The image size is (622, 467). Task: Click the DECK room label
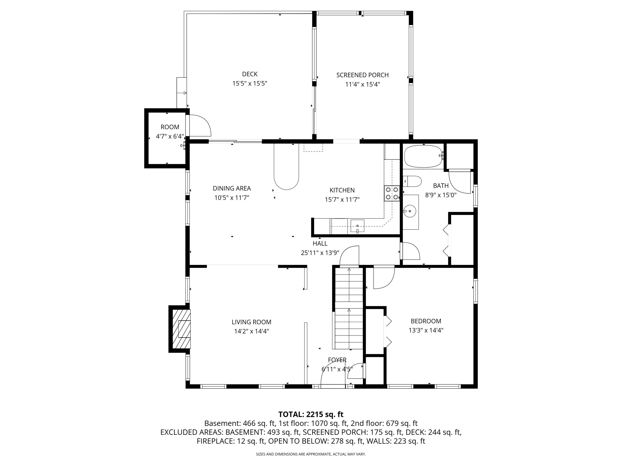(x=250, y=74)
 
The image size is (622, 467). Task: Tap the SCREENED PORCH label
(x=362, y=75)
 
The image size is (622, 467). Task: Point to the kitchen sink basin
(x=357, y=226)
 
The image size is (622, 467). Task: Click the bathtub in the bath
(x=423, y=156)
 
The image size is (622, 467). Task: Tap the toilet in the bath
(x=412, y=181)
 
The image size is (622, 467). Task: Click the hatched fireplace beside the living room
(x=181, y=329)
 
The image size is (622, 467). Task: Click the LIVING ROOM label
(x=251, y=322)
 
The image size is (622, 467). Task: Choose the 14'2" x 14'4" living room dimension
(x=251, y=331)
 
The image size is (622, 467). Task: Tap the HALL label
(x=320, y=243)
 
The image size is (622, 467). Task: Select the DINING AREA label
(x=232, y=188)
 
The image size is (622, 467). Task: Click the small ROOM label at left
(x=170, y=127)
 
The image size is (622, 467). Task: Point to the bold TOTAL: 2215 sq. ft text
(x=311, y=414)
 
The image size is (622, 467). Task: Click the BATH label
(x=441, y=186)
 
